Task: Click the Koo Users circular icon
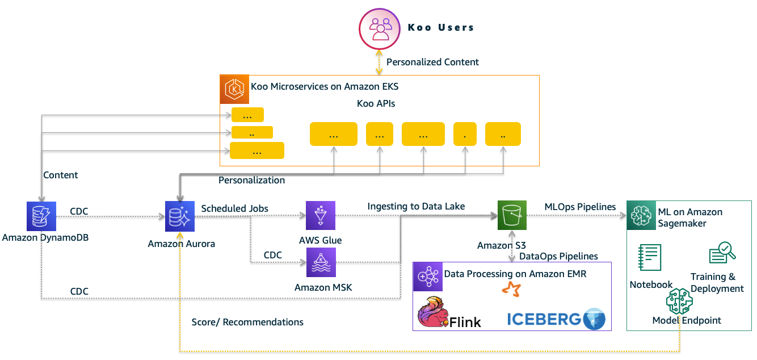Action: pyautogui.click(x=380, y=28)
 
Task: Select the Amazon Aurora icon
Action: pyautogui.click(x=179, y=216)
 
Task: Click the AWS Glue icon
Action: pyautogui.click(x=321, y=216)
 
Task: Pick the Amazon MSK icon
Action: pyautogui.click(x=321, y=262)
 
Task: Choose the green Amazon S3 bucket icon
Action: pyautogui.click(x=512, y=216)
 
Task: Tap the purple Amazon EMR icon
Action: pyautogui.click(x=427, y=276)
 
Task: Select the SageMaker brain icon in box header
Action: pyautogui.click(x=641, y=215)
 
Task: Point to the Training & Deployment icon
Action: pyautogui.click(x=722, y=253)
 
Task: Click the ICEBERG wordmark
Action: pyautogui.click(x=544, y=319)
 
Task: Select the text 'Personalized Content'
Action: pyautogui.click(x=432, y=62)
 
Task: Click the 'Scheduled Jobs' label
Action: pyautogui.click(x=235, y=208)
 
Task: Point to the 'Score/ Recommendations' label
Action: pyautogui.click(x=247, y=322)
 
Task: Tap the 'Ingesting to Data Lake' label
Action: pyautogui.click(x=416, y=207)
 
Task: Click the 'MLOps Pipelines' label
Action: pyautogui.click(x=580, y=207)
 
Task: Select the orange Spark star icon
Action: pyautogui.click(x=510, y=290)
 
